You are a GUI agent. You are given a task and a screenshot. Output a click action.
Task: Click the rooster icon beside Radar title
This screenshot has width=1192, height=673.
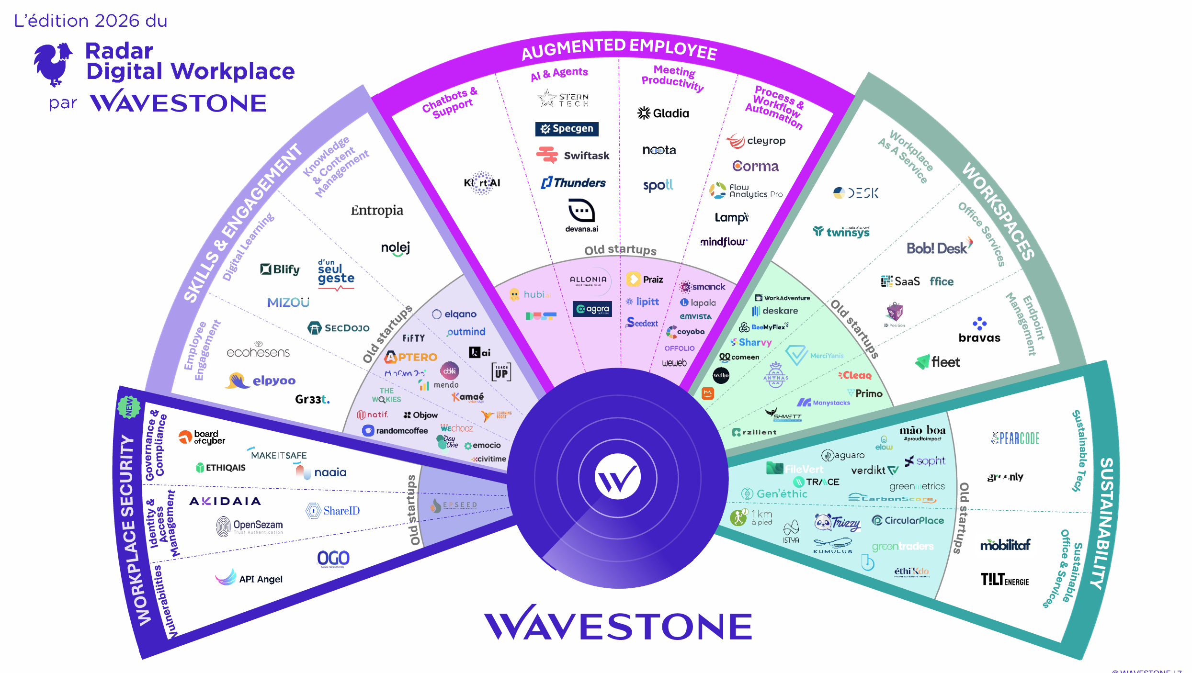pos(53,64)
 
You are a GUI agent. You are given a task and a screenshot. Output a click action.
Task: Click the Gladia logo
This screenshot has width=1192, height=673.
pos(663,113)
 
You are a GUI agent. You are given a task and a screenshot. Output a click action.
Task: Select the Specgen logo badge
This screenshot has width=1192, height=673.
pos(567,129)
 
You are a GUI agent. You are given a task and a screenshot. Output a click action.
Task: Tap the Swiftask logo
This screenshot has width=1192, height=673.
pos(573,156)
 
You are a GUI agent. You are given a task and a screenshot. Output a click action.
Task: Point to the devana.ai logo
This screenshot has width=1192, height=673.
pos(581,216)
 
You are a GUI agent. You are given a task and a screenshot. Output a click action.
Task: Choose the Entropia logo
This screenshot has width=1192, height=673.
pos(377,211)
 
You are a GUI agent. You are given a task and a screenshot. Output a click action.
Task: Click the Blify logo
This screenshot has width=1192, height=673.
pos(280,269)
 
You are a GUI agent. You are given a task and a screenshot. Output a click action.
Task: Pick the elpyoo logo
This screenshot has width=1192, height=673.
pos(261,381)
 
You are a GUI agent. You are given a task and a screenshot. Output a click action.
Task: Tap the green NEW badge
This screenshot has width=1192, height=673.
pos(129,407)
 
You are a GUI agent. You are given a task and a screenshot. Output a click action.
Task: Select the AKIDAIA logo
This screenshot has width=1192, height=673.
pos(225,501)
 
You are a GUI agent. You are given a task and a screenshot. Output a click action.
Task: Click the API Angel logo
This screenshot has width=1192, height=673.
pos(249,578)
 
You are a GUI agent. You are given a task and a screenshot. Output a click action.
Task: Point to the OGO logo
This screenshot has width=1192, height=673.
pos(333,559)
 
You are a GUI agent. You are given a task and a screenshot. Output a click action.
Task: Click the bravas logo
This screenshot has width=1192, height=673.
pos(979,330)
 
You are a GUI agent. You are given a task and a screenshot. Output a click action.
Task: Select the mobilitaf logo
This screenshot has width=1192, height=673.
pos(1005,545)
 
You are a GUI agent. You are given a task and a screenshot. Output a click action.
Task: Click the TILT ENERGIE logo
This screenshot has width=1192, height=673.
pos(1005,580)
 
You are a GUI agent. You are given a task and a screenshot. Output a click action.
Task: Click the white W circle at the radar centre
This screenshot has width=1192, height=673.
pos(617,477)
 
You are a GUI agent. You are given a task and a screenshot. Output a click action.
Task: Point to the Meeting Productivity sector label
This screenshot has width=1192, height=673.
pos(672,78)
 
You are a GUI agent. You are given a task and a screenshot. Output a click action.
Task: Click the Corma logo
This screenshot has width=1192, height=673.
pos(755,166)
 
